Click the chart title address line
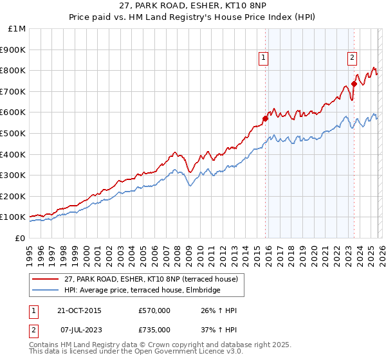pos(193,6)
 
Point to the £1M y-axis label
pos(17,29)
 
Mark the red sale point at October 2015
pos(265,118)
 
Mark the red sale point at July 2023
pos(354,84)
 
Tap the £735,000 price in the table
pos(154,329)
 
